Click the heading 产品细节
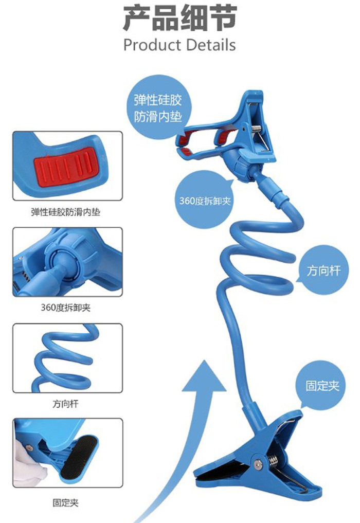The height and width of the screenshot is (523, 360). coord(179,19)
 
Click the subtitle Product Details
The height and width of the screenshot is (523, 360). coord(179,45)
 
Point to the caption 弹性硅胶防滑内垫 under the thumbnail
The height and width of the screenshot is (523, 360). coord(66,211)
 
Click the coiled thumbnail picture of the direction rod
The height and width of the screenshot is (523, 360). coord(68,358)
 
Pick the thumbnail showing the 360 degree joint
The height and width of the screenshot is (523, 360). coord(68,262)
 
